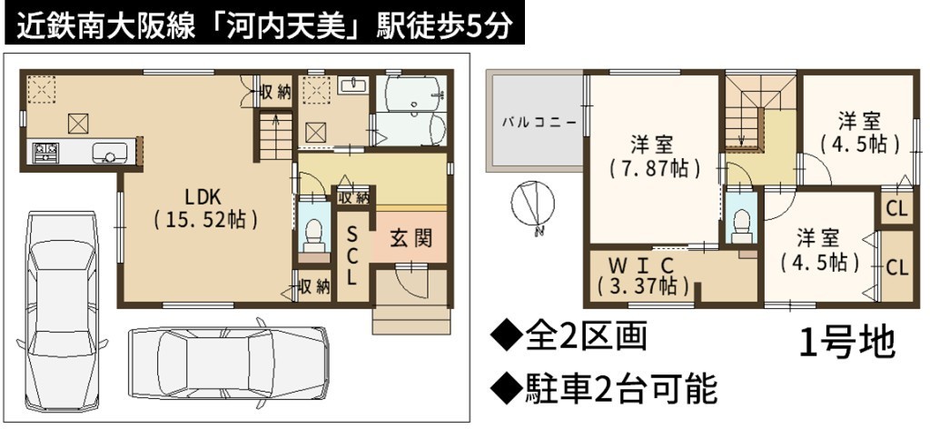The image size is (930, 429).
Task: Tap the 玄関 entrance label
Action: tap(411, 238)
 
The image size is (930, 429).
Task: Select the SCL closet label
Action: tap(351, 254)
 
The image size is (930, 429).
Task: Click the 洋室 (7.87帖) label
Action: tap(654, 156)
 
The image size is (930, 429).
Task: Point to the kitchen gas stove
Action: tap(46, 153)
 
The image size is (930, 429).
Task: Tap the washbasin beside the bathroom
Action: tap(353, 86)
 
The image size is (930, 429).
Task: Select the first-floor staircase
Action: tap(276, 137)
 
